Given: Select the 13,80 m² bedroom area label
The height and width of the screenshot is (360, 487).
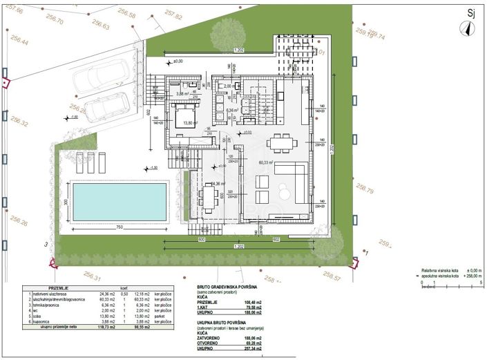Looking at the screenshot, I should coord(190,123).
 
